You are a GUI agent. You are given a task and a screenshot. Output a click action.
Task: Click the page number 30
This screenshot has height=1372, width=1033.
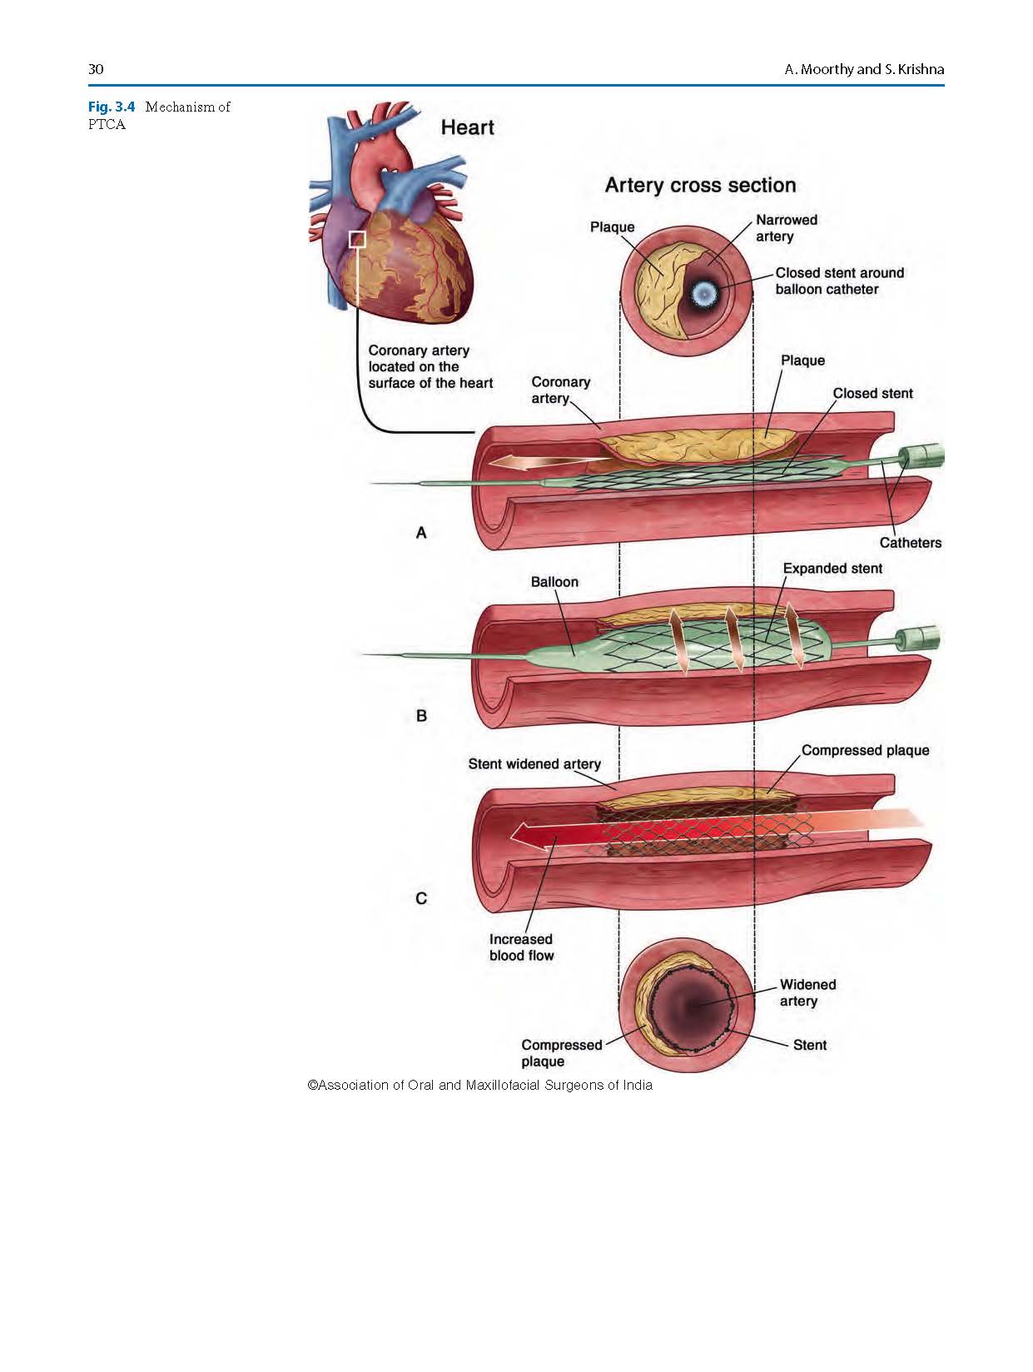96,69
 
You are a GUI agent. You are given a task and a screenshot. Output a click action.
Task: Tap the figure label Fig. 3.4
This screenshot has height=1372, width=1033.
112,107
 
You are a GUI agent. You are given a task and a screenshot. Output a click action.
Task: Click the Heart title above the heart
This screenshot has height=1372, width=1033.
467,127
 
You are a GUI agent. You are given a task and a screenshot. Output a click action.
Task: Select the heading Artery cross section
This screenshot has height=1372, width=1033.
700,185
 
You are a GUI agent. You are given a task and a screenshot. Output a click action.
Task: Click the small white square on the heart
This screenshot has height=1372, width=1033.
357,240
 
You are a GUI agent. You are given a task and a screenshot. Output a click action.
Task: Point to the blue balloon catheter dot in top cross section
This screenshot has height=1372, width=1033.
705,292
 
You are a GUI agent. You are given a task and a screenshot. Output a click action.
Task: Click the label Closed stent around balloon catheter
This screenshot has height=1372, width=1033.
839,281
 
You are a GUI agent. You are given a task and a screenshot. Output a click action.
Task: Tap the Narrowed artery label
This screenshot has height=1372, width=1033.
786,228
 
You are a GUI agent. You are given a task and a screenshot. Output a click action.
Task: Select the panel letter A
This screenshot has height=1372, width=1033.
421,533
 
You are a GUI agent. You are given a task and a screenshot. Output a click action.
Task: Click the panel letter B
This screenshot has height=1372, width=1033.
421,716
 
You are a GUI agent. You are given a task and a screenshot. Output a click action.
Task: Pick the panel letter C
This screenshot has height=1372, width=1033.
421,898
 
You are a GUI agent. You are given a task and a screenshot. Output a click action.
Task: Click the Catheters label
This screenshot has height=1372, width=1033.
910,543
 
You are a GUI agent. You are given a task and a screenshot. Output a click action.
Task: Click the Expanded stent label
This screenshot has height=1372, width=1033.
832,569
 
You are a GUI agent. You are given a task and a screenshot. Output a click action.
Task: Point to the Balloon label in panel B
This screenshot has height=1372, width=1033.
554,582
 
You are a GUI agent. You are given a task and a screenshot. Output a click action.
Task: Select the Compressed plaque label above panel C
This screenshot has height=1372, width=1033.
865,750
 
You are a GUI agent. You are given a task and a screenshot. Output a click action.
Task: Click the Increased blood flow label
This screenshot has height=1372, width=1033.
521,947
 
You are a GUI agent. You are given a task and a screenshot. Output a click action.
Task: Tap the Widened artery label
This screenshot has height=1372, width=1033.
807,992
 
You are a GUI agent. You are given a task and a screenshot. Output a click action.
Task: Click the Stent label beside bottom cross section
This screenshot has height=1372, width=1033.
810,1045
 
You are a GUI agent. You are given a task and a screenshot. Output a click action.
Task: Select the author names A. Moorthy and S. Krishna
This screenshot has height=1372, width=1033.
864,69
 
